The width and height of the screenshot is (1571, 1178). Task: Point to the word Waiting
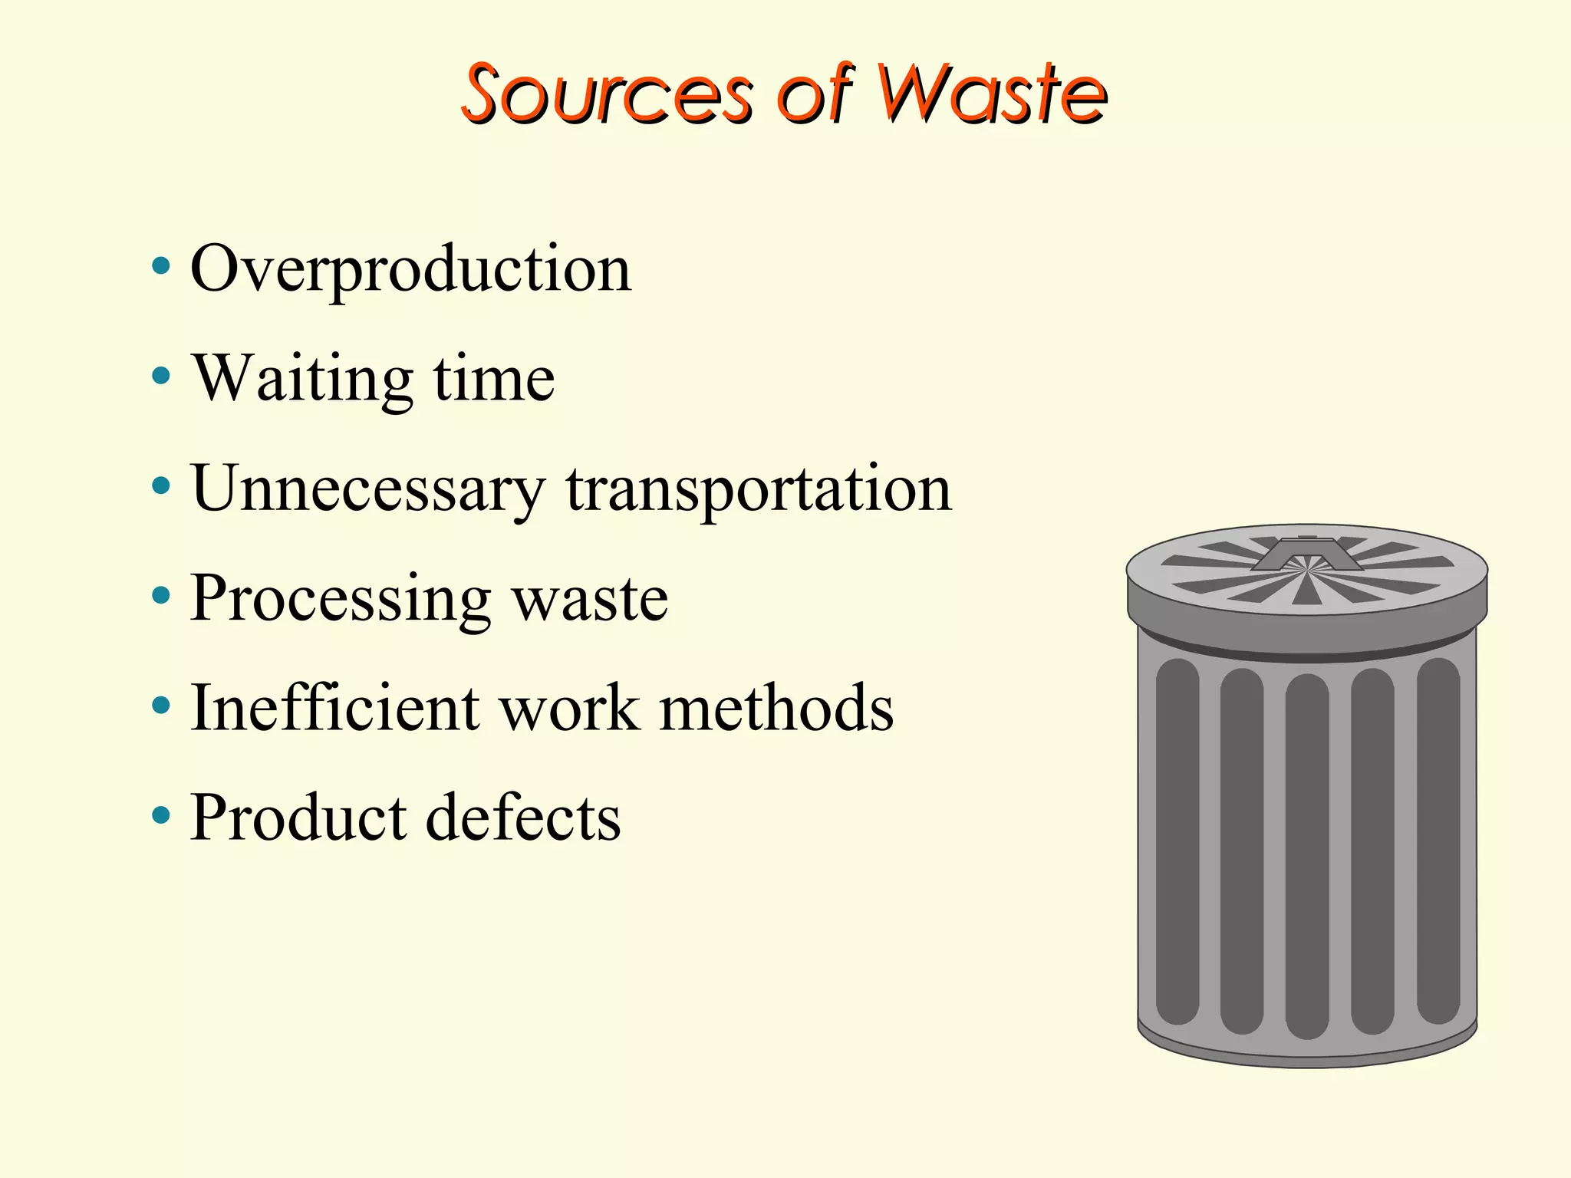(303, 380)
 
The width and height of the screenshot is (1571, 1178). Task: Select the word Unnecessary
(368, 489)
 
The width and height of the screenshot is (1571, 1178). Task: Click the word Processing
(341, 601)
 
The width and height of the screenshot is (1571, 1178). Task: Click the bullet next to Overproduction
(160, 268)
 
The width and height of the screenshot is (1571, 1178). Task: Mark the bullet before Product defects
(160, 815)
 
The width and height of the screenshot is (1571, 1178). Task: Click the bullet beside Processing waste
(160, 596)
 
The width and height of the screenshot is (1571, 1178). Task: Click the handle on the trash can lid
(1306, 554)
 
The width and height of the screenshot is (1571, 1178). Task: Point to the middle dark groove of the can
(1306, 855)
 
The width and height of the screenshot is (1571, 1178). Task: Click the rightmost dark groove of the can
(1438, 840)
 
